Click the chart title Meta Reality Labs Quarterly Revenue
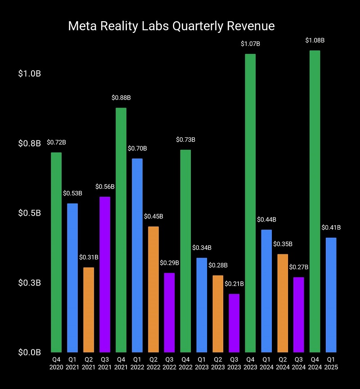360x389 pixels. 171,26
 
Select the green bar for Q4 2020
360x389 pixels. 56,252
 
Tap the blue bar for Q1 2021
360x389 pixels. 72,278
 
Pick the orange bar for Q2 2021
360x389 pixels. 89,310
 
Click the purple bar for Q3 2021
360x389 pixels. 105,274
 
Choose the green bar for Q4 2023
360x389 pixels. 250,203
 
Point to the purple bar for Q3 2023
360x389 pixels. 234,323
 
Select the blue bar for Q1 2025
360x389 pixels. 331,295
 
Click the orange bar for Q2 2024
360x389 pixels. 283,303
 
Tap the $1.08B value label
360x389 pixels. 315,41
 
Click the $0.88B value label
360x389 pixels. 121,98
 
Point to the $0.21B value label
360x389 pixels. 234,284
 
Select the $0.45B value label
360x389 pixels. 153,217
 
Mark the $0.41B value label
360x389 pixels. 331,228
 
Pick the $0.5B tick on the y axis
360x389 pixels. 30,213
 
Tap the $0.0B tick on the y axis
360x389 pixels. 30,352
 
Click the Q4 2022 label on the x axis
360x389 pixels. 185,363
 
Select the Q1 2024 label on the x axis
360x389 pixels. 266,363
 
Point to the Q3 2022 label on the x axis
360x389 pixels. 169,363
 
